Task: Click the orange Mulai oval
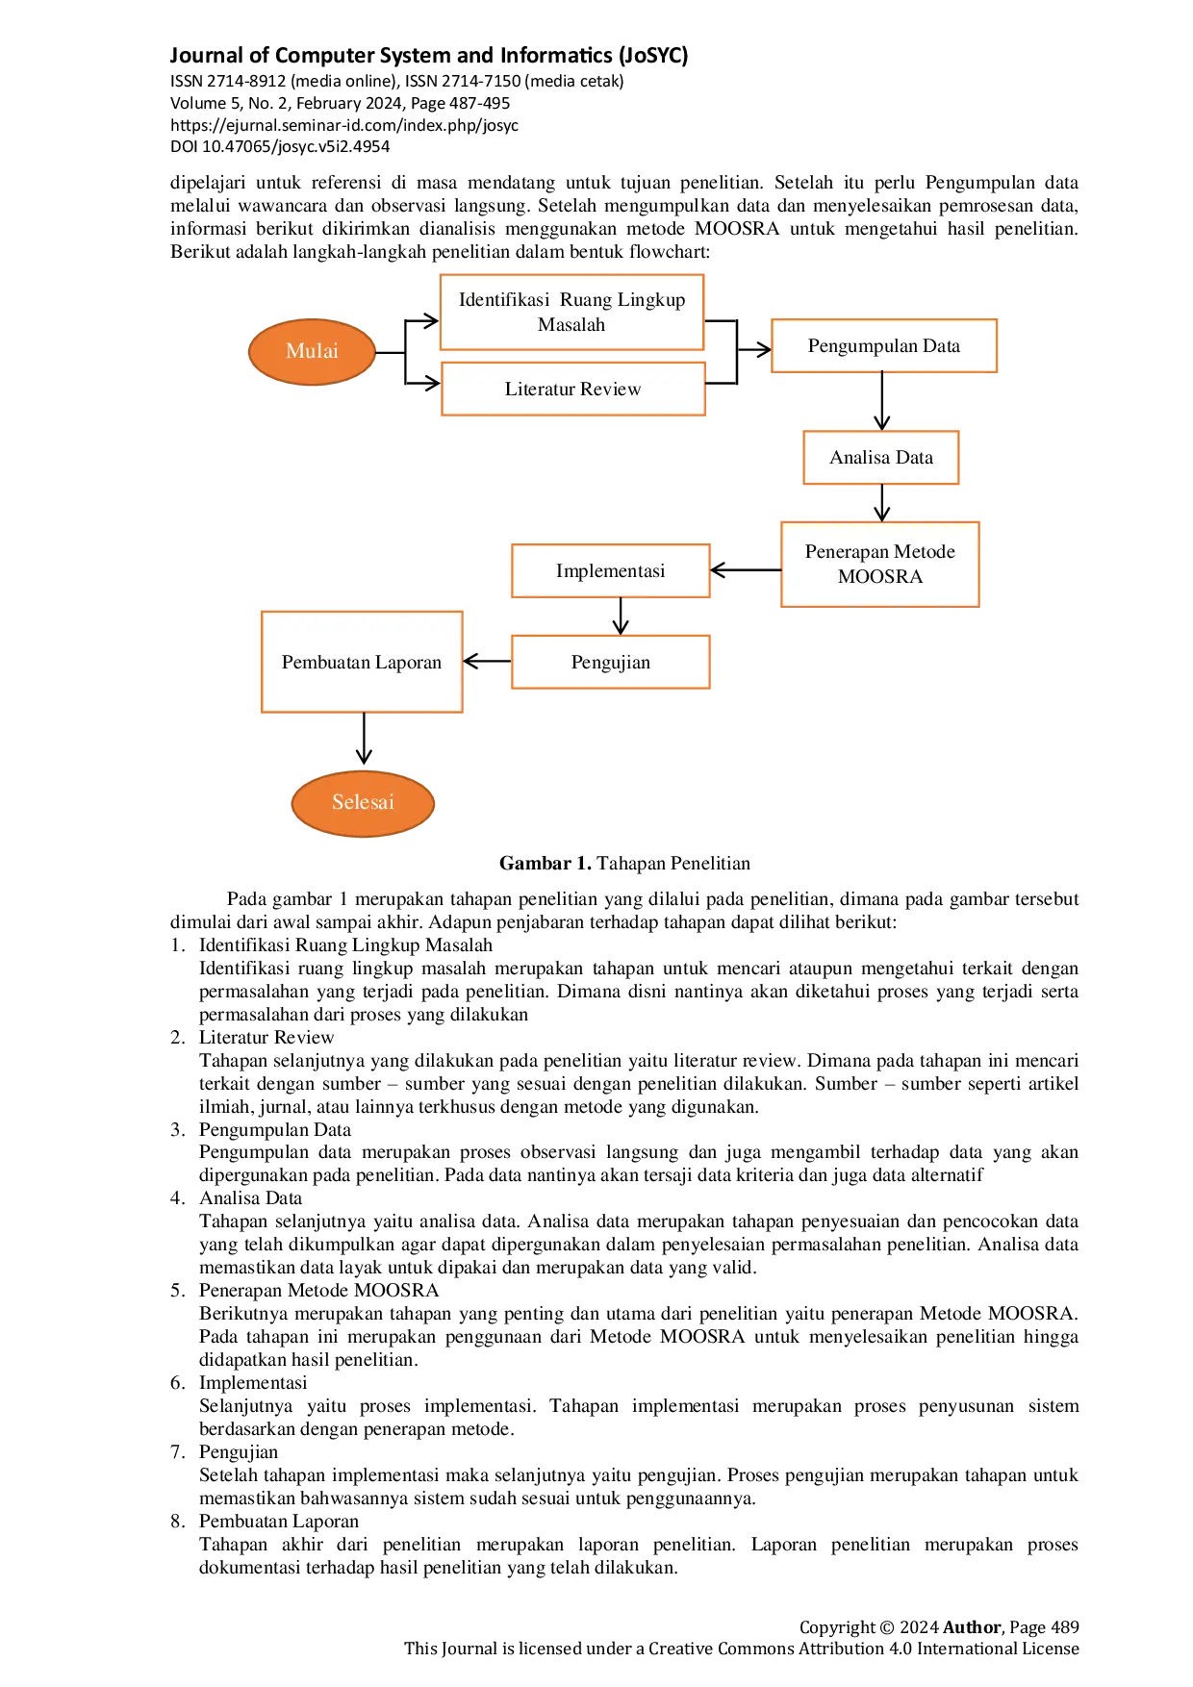pyautogui.click(x=311, y=351)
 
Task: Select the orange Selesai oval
pyautogui.click(x=363, y=802)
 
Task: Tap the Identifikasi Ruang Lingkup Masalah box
pyautogui.click(x=571, y=312)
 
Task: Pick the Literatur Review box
pyautogui.click(x=572, y=389)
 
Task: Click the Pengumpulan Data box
pyautogui.click(x=883, y=345)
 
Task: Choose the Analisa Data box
pyautogui.click(x=880, y=457)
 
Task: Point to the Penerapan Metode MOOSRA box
pyautogui.click(x=879, y=564)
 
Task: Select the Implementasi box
pyautogui.click(x=610, y=570)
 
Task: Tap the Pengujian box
pyautogui.click(x=610, y=662)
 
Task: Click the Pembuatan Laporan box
pyautogui.click(x=361, y=662)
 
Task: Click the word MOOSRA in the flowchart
pyautogui.click(x=879, y=577)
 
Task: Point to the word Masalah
pyautogui.click(x=571, y=325)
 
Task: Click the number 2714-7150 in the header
pyautogui.click(x=481, y=81)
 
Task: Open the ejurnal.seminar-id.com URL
pyautogui.click(x=344, y=125)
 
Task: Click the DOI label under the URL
pyautogui.click(x=183, y=146)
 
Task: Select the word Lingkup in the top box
pyautogui.click(x=650, y=299)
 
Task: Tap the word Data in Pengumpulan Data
pyautogui.click(x=941, y=345)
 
